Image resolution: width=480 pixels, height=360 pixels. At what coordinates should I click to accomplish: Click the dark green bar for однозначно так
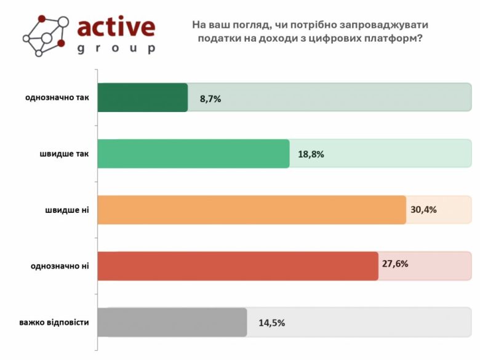pyautogui.click(x=143, y=97)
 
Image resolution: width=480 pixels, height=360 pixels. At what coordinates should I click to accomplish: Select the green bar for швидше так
pyautogui.click(x=193, y=154)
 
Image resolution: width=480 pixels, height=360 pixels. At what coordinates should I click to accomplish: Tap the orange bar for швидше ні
pyautogui.click(x=252, y=210)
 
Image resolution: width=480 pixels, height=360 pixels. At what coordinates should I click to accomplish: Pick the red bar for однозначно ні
pyautogui.click(x=238, y=266)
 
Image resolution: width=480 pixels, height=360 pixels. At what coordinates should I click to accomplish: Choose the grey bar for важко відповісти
pyautogui.click(x=172, y=322)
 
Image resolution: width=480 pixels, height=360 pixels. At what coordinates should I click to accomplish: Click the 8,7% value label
pyautogui.click(x=210, y=98)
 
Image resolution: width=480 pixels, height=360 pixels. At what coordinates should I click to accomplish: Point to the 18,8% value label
pyautogui.click(x=311, y=154)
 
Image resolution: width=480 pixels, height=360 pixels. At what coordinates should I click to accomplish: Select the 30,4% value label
pyautogui.click(x=423, y=209)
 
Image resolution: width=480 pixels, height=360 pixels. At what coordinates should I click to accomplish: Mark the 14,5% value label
pyautogui.click(x=272, y=322)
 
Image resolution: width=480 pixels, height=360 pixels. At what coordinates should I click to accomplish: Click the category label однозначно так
pyautogui.click(x=57, y=97)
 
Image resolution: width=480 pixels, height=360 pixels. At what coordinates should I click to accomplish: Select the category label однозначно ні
pyautogui.click(x=60, y=266)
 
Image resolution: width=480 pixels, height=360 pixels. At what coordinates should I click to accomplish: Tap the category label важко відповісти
pyautogui.click(x=54, y=322)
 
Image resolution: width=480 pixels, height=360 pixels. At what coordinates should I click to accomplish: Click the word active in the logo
pyautogui.click(x=116, y=26)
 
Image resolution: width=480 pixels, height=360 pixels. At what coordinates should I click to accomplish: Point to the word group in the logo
pyautogui.click(x=116, y=49)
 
